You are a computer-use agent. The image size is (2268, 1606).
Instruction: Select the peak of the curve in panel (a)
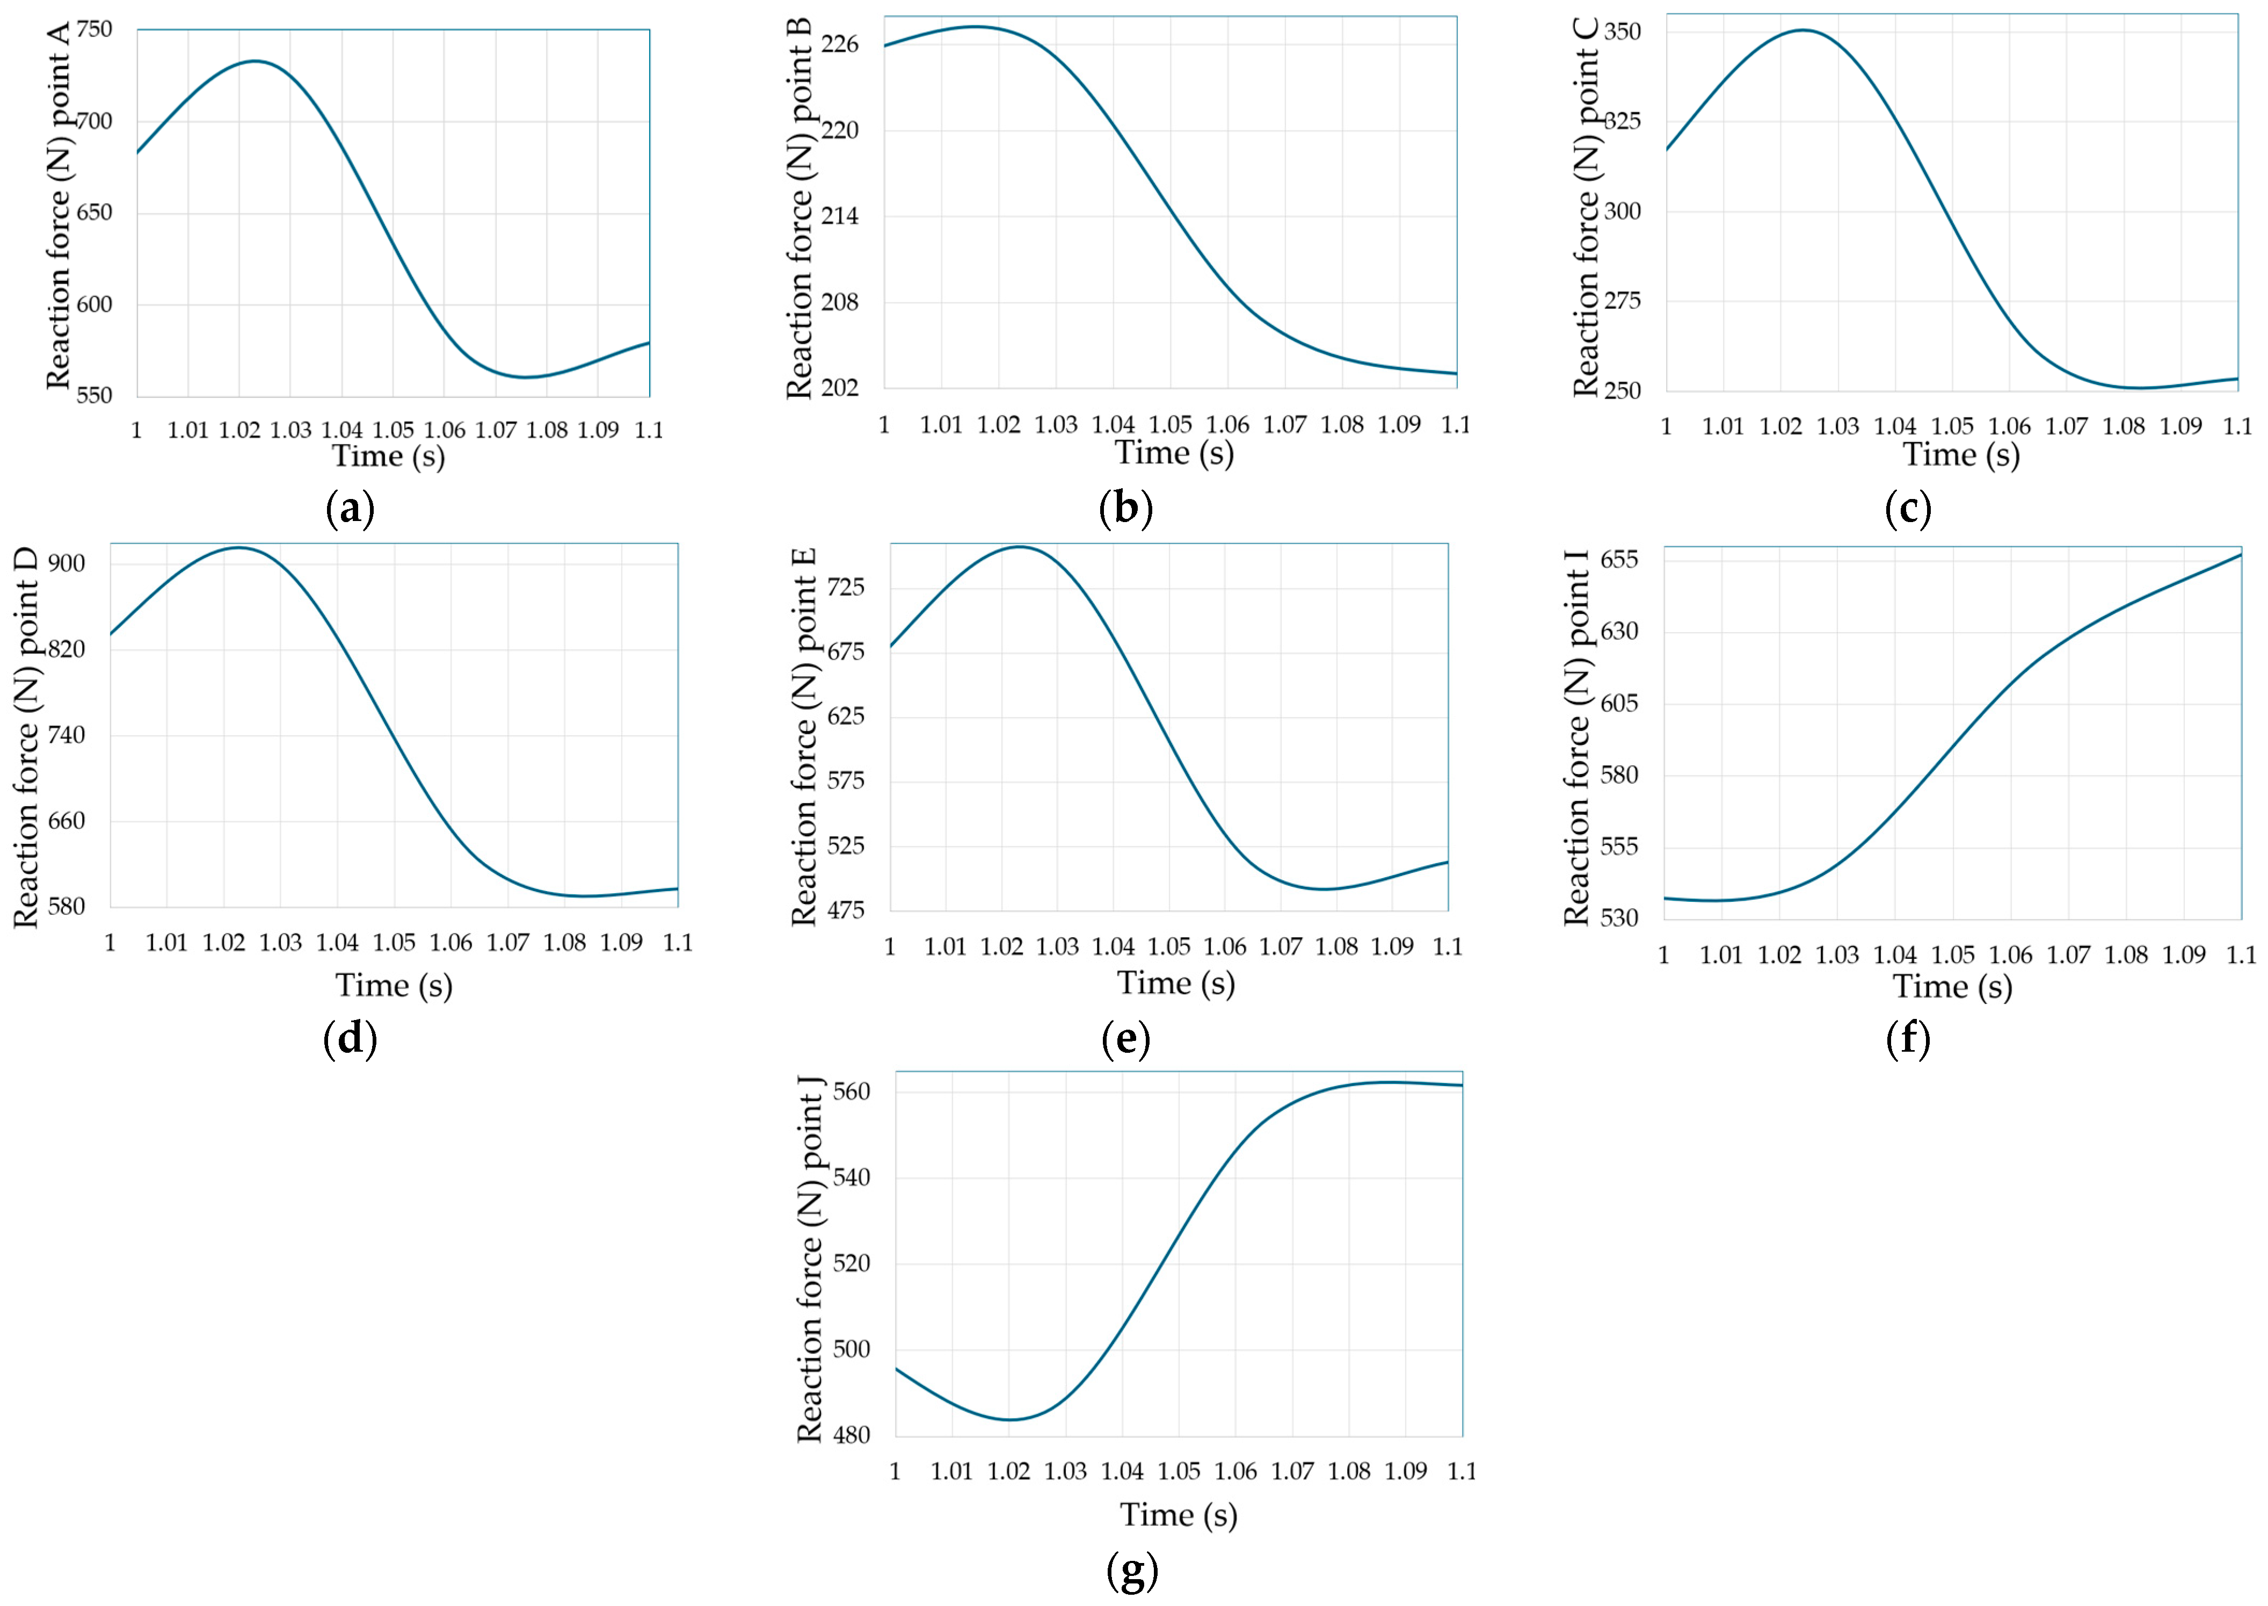click(255, 61)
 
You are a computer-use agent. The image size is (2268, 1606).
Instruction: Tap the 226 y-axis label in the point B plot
click(839, 45)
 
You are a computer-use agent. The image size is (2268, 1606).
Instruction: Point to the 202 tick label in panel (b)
click(839, 388)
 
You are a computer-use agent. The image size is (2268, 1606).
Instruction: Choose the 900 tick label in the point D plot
click(66, 563)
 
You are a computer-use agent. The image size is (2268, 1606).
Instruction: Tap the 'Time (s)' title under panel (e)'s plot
click(1175, 983)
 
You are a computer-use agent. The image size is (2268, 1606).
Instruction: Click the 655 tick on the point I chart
click(1619, 560)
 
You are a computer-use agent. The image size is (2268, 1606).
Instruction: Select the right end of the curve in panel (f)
click(2240, 555)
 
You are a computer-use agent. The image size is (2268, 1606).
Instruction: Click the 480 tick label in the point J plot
click(851, 1435)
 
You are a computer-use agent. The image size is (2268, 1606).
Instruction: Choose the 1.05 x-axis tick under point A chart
click(394, 430)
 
